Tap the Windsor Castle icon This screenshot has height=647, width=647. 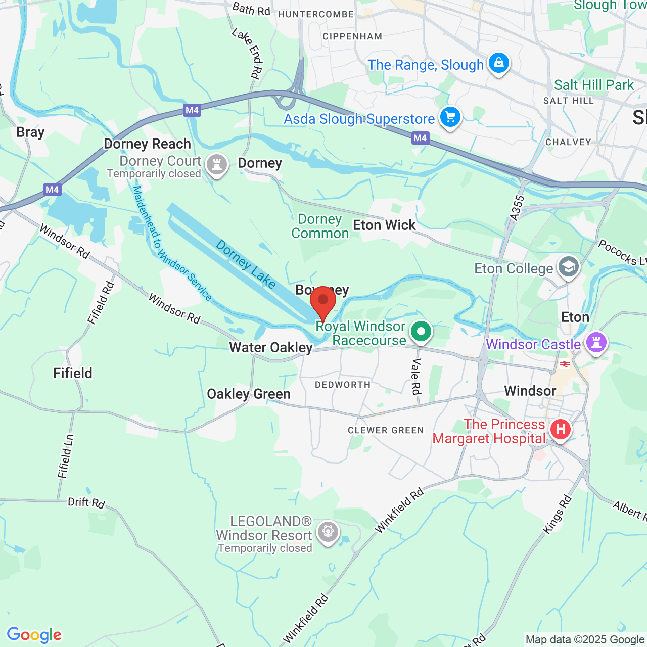[596, 343]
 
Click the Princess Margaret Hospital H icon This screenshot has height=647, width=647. [560, 430]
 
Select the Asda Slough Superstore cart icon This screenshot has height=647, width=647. [450, 117]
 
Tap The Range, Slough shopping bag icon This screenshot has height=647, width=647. [499, 63]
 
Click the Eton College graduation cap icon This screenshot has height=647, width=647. [569, 266]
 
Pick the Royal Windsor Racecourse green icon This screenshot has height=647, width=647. [421, 332]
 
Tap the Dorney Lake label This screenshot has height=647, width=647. [246, 264]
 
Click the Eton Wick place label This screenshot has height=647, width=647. [384, 225]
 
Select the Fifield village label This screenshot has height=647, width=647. [73, 373]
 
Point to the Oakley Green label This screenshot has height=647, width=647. [249, 394]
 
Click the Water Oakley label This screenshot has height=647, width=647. [271, 348]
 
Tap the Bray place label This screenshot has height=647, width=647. [30, 132]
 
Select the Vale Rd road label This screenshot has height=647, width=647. [416, 376]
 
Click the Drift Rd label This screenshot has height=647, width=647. [86, 502]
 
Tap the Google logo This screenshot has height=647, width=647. [34, 635]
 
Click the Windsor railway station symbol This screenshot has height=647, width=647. [565, 364]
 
